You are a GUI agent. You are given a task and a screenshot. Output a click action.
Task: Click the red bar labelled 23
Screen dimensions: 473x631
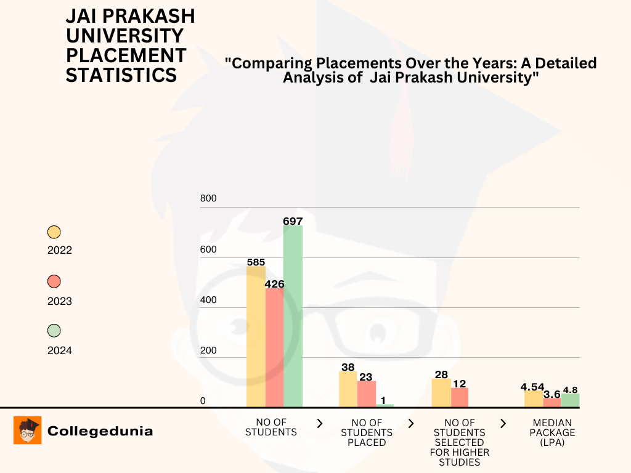(x=367, y=394)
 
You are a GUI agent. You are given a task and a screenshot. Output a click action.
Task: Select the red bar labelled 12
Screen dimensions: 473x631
(x=460, y=397)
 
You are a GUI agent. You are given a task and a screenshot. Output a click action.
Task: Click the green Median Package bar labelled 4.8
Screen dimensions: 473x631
(x=570, y=400)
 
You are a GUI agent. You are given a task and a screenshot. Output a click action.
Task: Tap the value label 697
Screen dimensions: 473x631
(x=293, y=221)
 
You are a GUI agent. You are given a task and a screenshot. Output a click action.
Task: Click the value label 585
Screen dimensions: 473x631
(x=256, y=262)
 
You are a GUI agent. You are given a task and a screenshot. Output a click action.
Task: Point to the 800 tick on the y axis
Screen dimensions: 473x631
(x=208, y=198)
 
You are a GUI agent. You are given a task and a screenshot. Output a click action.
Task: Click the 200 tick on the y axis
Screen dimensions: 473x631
(x=208, y=350)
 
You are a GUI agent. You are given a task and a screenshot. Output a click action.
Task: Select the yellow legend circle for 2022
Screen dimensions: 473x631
(x=54, y=232)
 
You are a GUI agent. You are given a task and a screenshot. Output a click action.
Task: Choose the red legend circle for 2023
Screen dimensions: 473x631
(x=54, y=281)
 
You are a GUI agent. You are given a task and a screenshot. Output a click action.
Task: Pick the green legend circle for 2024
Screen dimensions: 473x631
(x=54, y=331)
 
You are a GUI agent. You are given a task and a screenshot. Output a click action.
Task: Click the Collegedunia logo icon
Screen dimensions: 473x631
(x=28, y=431)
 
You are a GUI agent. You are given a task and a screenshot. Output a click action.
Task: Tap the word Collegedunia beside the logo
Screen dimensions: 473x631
(x=100, y=431)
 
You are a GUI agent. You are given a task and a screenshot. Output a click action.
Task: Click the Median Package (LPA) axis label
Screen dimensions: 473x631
(x=553, y=432)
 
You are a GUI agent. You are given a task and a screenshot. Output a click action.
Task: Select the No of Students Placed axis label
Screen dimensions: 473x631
(x=367, y=432)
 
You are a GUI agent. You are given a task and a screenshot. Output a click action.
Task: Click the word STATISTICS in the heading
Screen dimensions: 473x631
(x=121, y=75)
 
